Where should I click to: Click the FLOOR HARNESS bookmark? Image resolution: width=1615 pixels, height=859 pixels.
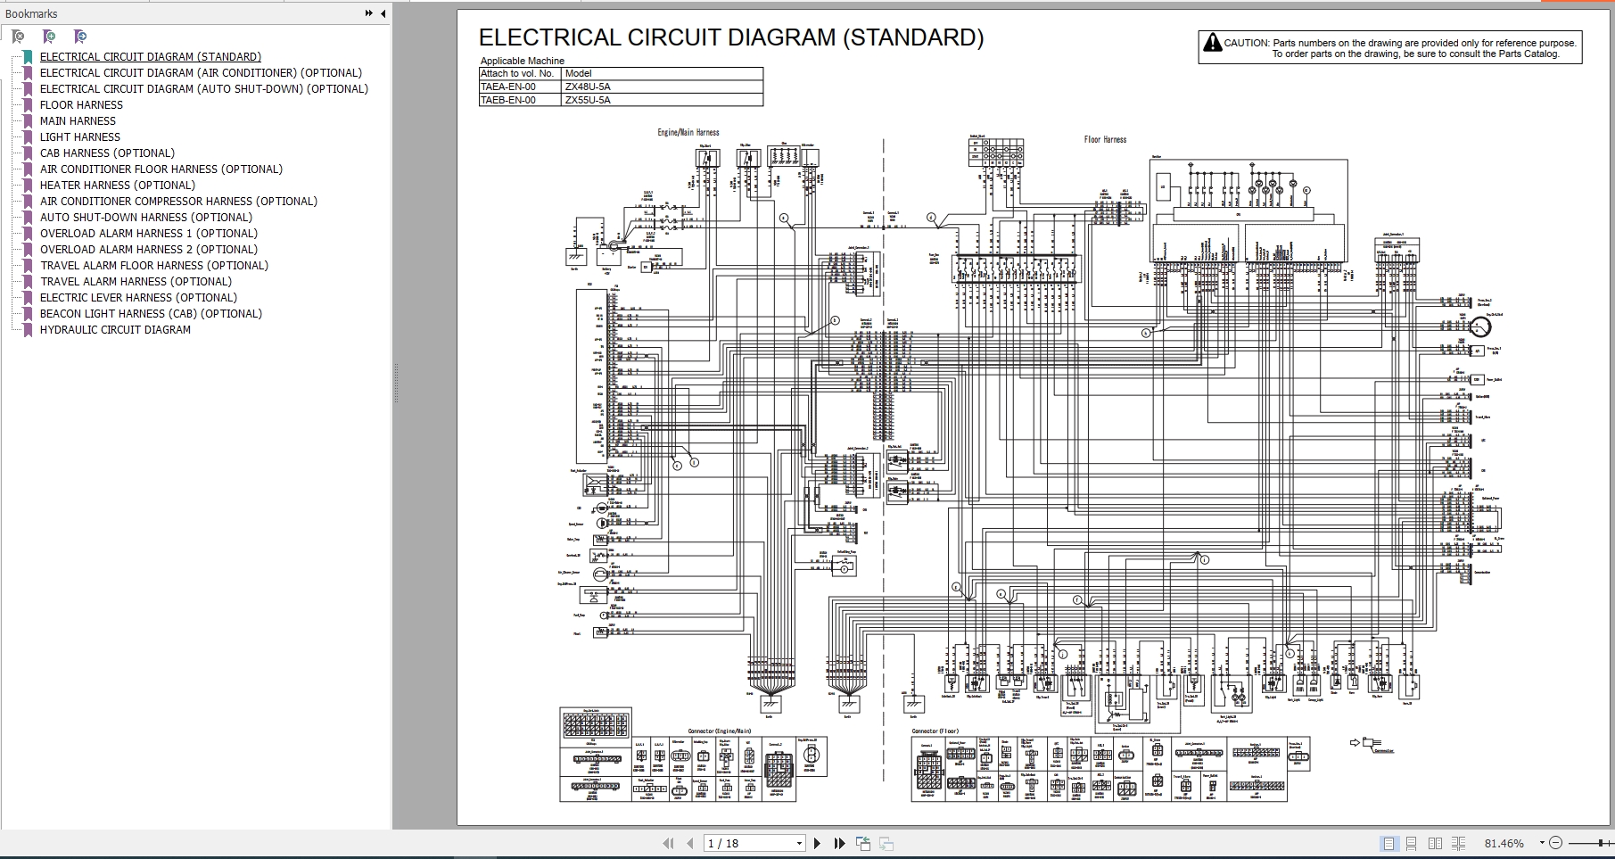coord(81,105)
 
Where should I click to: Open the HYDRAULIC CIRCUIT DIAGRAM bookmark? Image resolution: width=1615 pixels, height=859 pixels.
coord(115,330)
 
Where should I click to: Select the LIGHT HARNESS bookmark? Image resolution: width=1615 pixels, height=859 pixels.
coord(79,137)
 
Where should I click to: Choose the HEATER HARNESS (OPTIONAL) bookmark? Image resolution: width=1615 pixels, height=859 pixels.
coord(117,186)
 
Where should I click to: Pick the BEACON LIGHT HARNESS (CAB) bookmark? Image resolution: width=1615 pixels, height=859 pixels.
coord(151,314)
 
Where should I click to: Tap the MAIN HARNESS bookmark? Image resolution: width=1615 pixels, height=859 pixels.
coord(78,121)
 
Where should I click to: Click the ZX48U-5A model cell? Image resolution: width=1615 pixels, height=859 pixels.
coord(588,87)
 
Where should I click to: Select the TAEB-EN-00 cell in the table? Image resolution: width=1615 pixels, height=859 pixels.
coord(508,101)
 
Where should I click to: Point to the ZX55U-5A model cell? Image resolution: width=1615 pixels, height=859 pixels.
coord(588,101)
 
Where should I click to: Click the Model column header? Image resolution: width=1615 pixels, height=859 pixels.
coord(578,74)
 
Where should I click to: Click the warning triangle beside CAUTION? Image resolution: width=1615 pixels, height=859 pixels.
coord(1212,43)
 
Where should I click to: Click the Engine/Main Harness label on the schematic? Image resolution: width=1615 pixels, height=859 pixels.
coord(688,133)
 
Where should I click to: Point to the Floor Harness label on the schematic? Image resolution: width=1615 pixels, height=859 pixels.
coord(1105,140)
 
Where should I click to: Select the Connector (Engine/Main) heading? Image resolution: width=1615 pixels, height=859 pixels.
coord(719,731)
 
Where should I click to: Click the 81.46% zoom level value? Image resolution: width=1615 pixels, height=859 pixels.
coord(1504,843)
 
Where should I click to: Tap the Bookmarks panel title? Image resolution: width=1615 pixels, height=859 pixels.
coord(31,14)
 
